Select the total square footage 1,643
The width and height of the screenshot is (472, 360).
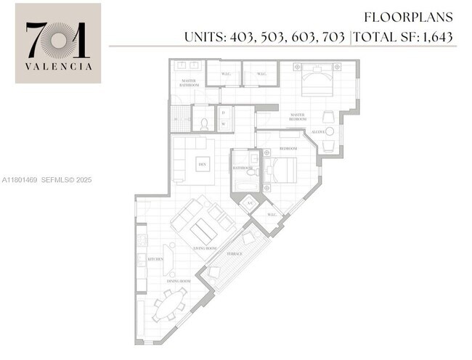click(438, 36)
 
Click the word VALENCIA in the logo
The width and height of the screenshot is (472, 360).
click(59, 65)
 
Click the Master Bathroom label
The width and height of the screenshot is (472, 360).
click(189, 83)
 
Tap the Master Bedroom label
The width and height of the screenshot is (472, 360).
click(298, 116)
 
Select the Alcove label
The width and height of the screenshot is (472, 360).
click(317, 131)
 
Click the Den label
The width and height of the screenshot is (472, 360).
click(201, 163)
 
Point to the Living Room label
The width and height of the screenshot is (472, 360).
click(206, 248)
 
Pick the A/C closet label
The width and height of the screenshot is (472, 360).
click(250, 203)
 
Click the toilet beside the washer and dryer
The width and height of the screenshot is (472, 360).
click(204, 124)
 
